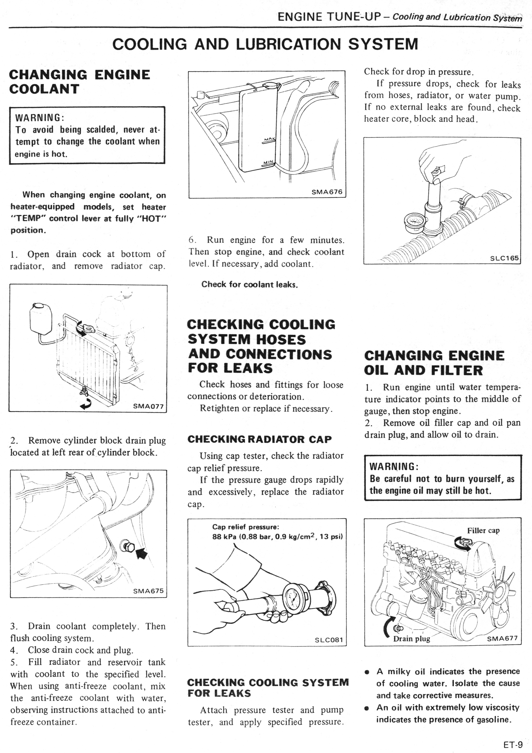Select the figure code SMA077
pyautogui.click(x=148, y=406)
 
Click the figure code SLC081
pyautogui.click(x=329, y=640)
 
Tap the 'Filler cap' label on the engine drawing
pyautogui.click(x=483, y=530)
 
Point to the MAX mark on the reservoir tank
pyautogui.click(x=270, y=139)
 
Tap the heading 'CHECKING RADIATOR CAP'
pyautogui.click(x=259, y=439)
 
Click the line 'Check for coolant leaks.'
pyautogui.click(x=249, y=284)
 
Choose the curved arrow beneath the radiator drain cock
pyautogui.click(x=86, y=406)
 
